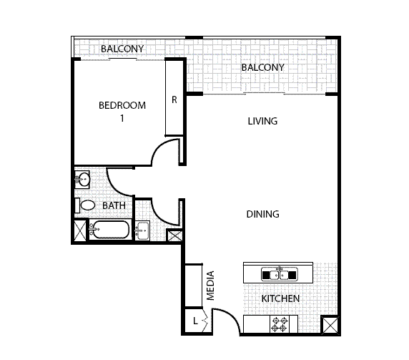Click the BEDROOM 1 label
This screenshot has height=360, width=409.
point(122,112)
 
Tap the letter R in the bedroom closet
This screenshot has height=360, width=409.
point(174,100)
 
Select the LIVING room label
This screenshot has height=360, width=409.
point(262,121)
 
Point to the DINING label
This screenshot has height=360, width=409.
point(262,214)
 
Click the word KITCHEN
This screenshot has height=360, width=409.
point(280,298)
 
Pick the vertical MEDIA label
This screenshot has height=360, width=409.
point(211,286)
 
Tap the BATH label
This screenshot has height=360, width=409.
point(114,205)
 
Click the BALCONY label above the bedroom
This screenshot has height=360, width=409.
point(122,49)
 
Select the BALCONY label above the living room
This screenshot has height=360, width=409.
point(262,67)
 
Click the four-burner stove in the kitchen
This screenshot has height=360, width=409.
point(280,324)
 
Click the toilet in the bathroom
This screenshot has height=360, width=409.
point(86,205)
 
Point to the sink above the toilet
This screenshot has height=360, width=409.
point(82,179)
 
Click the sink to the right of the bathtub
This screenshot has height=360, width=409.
point(142,230)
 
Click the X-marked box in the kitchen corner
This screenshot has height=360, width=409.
point(330,326)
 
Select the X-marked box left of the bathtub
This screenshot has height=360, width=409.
point(79,231)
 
